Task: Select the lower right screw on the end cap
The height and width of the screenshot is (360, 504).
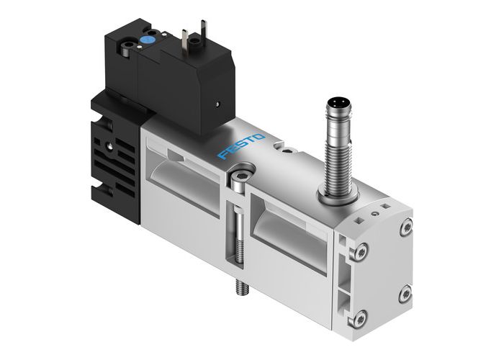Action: tap(405, 293)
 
